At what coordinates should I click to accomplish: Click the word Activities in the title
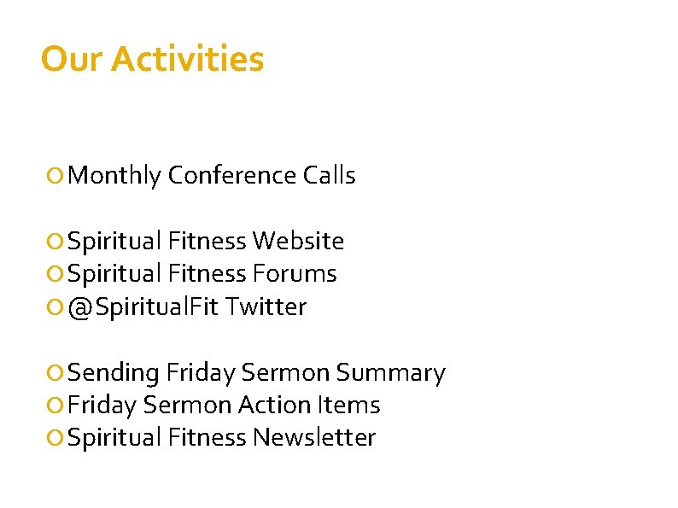pyautogui.click(x=187, y=60)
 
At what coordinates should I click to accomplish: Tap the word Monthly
pyautogui.click(x=114, y=176)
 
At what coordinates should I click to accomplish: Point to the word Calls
pyautogui.click(x=329, y=176)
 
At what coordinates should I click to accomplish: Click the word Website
pyautogui.click(x=298, y=242)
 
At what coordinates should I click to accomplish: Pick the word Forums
pyautogui.click(x=295, y=274)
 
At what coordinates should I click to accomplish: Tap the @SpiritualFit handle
pyautogui.click(x=143, y=307)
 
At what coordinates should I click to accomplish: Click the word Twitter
pyautogui.click(x=266, y=307)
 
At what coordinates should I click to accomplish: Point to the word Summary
pyautogui.click(x=390, y=373)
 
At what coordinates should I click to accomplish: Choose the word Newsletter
pyautogui.click(x=314, y=438)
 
